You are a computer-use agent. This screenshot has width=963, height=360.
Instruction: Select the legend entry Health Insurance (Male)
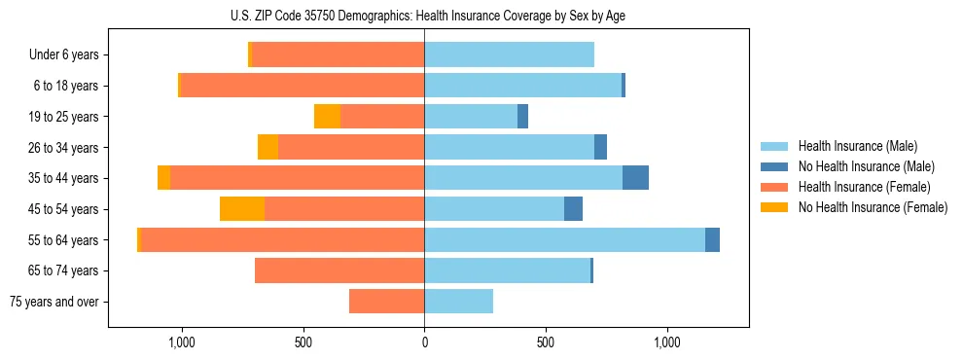(857, 146)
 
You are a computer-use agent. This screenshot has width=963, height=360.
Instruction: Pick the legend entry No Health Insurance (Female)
(873, 207)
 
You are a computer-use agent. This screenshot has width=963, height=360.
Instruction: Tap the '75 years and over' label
(54, 302)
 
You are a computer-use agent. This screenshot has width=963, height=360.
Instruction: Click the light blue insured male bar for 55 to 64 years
(564, 239)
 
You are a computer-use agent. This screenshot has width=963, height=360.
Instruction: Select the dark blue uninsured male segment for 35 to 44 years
(635, 178)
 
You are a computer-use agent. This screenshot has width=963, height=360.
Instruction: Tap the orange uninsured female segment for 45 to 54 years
(242, 209)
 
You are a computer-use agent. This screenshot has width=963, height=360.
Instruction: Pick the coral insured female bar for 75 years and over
(386, 302)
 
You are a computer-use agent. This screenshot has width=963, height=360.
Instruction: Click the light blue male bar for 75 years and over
(458, 302)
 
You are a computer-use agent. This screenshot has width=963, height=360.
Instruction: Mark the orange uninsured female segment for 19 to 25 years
(327, 117)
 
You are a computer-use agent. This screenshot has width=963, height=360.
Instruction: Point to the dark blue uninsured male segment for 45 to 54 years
(573, 209)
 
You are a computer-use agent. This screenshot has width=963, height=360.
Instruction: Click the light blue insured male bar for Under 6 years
(509, 55)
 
